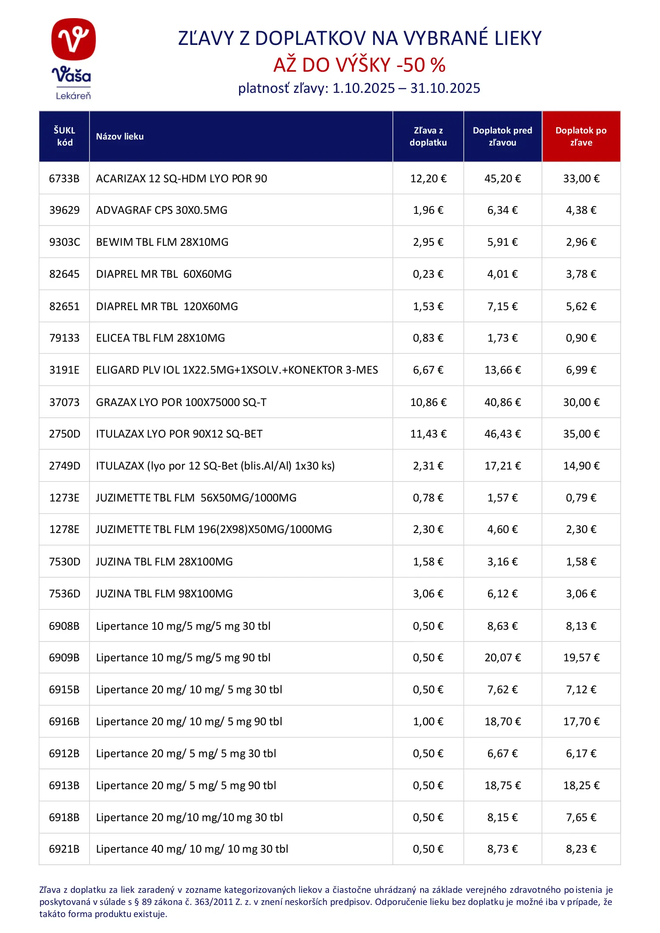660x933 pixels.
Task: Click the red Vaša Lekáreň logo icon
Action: [x=73, y=39]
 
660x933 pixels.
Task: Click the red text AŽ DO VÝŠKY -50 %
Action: [x=359, y=65]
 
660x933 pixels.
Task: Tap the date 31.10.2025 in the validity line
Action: [x=445, y=89]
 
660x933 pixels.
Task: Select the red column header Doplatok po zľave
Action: [x=581, y=136]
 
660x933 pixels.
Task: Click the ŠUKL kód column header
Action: [x=64, y=136]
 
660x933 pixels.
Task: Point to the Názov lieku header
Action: [x=120, y=136]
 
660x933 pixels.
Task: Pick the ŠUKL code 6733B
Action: [x=64, y=178]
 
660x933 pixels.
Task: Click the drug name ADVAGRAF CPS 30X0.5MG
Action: [x=162, y=210]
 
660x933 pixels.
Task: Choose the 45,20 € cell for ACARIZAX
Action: [x=502, y=178]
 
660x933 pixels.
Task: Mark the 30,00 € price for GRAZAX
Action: [x=581, y=402]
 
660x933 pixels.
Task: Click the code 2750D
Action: [x=64, y=434]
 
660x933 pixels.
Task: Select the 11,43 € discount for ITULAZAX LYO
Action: [x=428, y=434]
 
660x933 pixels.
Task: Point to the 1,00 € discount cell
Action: [x=428, y=722]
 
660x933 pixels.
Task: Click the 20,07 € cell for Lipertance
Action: [x=502, y=658]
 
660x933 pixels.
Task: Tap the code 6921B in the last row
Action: [x=64, y=849]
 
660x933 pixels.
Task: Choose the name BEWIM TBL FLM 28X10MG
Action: [x=162, y=242]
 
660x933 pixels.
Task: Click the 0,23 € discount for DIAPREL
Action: [x=428, y=274]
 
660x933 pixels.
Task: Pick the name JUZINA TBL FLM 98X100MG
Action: [x=164, y=594]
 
